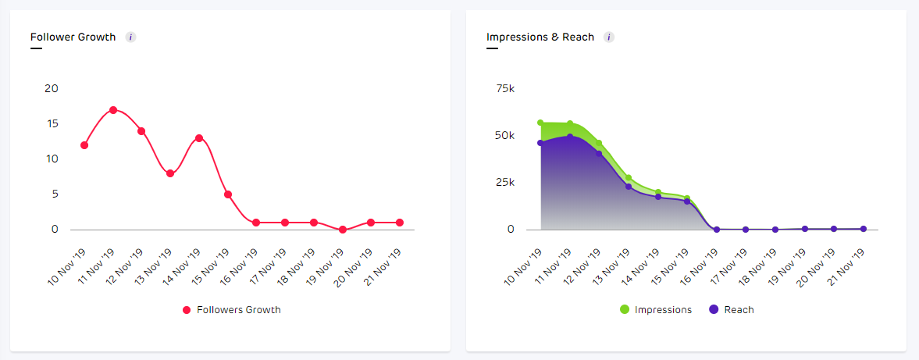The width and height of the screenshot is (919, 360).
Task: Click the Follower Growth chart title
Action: (73, 37)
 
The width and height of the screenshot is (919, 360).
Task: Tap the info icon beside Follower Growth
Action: (130, 37)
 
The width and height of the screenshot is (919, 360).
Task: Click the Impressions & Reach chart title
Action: (540, 37)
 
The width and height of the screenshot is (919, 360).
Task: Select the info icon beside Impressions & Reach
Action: (609, 37)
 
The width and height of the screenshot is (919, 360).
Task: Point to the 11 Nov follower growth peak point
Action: (113, 110)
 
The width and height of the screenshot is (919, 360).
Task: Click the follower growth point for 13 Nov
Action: (170, 173)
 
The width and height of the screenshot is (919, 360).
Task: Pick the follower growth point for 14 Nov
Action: (199, 138)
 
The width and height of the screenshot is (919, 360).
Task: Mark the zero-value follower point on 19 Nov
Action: (342, 230)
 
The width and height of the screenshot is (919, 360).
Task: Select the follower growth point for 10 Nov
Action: (84, 145)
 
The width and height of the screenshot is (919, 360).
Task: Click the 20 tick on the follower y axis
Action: (52, 88)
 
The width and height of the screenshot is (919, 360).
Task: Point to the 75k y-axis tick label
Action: (505, 88)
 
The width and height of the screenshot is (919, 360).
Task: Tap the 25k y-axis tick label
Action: (505, 182)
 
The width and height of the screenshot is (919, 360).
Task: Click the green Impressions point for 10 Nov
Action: (540, 123)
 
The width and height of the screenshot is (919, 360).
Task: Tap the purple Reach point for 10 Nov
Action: (540, 143)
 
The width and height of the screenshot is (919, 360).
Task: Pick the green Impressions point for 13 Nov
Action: (629, 178)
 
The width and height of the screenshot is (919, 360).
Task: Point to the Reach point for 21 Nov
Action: (864, 229)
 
